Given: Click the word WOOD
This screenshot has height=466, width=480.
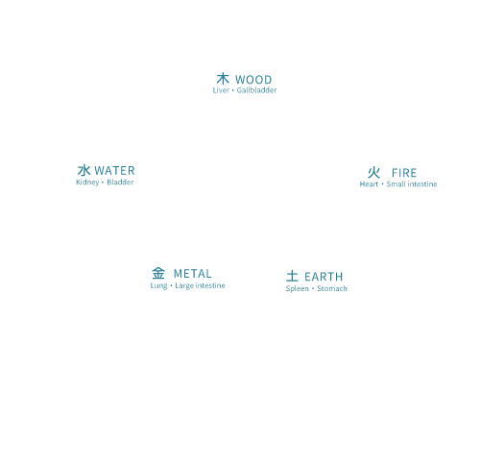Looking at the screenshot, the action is (x=253, y=80).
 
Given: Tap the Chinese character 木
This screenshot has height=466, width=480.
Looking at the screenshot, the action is (x=223, y=79).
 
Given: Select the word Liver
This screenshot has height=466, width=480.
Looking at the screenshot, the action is (x=221, y=90).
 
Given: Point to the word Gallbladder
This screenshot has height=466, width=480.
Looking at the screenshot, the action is (x=256, y=90).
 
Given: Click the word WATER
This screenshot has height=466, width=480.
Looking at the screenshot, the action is (x=114, y=170).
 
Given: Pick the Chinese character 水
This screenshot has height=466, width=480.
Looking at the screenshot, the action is (x=84, y=170).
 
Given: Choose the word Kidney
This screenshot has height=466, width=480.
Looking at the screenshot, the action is (x=87, y=183).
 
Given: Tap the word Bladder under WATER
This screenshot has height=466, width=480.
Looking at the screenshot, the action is (x=120, y=183).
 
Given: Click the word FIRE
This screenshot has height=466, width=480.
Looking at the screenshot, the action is (x=404, y=173).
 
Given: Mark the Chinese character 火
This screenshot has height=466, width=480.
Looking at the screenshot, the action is (x=373, y=173).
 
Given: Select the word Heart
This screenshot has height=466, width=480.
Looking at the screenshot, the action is (x=369, y=184).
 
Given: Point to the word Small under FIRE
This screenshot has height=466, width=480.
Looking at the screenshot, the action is (x=396, y=184).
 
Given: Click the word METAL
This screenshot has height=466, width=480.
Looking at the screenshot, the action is (x=193, y=274).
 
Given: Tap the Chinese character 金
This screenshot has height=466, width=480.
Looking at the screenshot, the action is (x=158, y=273).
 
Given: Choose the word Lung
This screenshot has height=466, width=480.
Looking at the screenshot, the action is (x=158, y=285).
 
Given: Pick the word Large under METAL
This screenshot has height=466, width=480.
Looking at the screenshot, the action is (x=184, y=285).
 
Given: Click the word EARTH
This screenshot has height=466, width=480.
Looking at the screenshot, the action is (x=324, y=277).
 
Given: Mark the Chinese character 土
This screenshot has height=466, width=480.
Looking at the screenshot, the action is (x=292, y=276).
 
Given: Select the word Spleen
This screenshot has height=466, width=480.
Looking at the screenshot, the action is (x=298, y=288).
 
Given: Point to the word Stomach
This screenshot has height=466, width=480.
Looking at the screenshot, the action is (x=332, y=288).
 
